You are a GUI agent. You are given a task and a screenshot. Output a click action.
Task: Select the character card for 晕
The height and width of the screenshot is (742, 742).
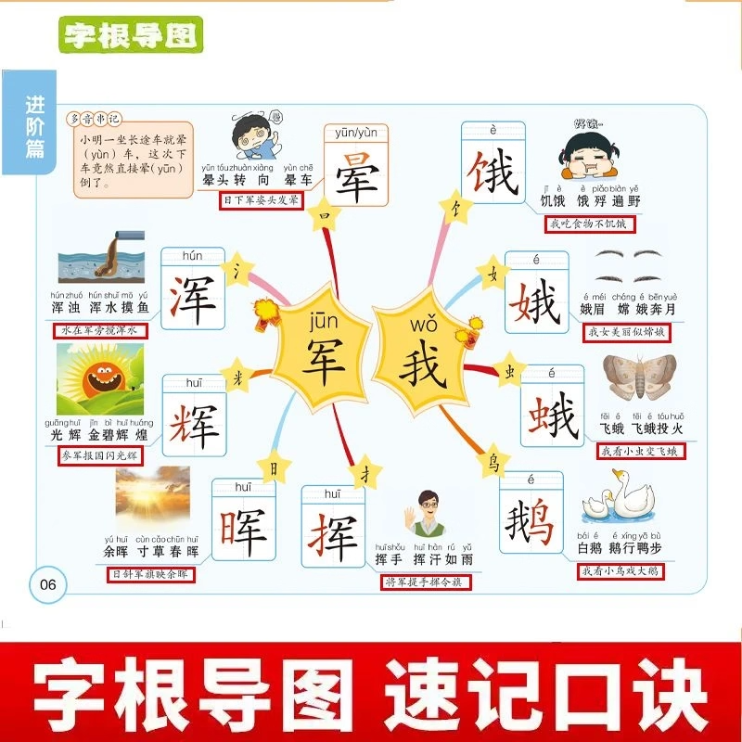click(x=353, y=168)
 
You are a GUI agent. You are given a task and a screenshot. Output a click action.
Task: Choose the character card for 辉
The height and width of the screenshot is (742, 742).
click(x=194, y=416)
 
